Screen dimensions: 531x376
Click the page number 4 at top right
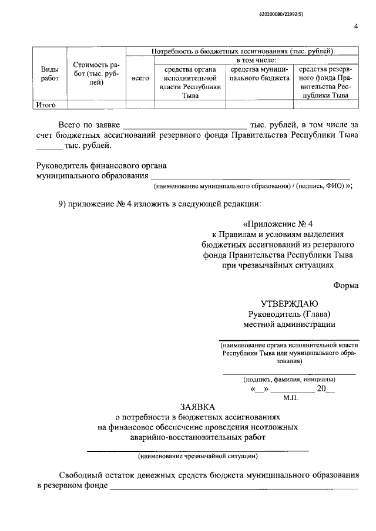tap(356, 26)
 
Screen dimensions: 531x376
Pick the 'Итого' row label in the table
tap(45, 105)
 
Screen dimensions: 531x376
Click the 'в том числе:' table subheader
tap(260, 59)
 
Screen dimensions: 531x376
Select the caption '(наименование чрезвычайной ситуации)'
tap(197, 456)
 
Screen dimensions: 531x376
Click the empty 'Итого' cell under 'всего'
tap(140, 105)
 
